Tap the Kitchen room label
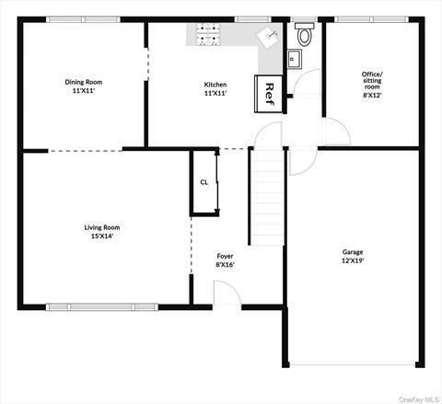coord(215,85)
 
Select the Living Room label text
coord(102,227)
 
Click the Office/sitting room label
coord(372,77)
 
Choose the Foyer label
coord(226,256)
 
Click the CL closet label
coord(204,181)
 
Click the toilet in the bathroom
coord(304,36)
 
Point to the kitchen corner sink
coord(271,38)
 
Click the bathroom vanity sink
coord(295,60)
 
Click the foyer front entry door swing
coord(226,294)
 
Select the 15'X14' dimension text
coord(102,237)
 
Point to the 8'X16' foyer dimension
coord(226,265)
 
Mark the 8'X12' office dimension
coord(372,93)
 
